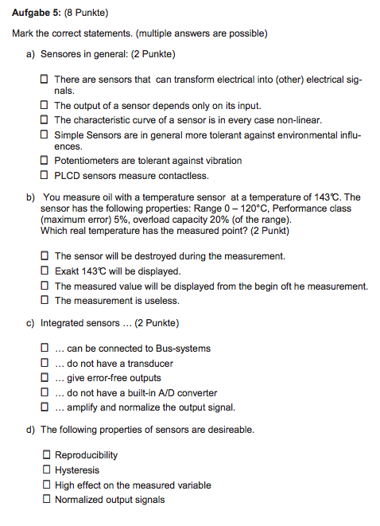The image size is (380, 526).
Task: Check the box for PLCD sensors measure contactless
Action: tap(45, 176)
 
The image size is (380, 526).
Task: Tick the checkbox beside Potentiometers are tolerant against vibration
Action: tap(45, 161)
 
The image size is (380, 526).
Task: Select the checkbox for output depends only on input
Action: tap(45, 105)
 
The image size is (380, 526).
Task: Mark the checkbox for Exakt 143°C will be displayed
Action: tap(45, 271)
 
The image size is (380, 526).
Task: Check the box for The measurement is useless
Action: tap(45, 301)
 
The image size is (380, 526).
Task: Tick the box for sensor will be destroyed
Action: tap(45, 256)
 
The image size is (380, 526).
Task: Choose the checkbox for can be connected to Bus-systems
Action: tap(45, 349)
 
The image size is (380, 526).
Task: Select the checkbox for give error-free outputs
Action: tap(45, 378)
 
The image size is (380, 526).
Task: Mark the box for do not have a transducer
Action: tap(45, 363)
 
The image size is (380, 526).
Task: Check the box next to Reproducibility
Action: tap(45, 455)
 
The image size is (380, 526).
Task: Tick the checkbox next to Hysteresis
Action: tap(45, 470)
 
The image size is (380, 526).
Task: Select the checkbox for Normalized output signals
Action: tap(45, 500)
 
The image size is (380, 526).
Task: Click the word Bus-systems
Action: tap(183, 349)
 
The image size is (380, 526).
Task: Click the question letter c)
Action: tap(31, 323)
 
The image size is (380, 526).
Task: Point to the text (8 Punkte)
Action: tap(86, 14)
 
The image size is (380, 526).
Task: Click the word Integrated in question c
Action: tap(62, 323)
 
